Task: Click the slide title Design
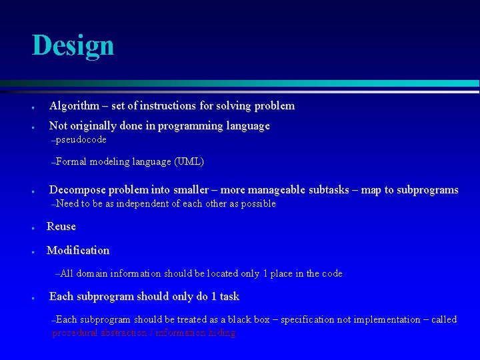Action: [x=73, y=45]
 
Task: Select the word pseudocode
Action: [x=81, y=140]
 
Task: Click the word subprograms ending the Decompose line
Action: [x=427, y=190]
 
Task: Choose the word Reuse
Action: [x=61, y=227]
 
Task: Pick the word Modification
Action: [x=78, y=251]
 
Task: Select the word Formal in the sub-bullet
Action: [x=71, y=161]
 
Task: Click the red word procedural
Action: [x=77, y=333]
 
